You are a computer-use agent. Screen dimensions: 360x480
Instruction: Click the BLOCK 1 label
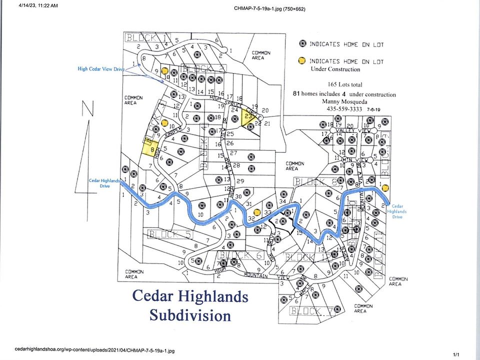(148, 37)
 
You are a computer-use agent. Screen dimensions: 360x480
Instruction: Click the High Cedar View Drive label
(100, 69)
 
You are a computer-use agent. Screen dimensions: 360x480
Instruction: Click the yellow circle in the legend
(301, 61)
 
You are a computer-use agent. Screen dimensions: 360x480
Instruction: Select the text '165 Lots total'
(345, 84)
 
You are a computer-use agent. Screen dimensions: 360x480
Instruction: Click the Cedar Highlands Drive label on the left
(104, 182)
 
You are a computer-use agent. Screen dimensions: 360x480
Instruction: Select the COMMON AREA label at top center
(261, 55)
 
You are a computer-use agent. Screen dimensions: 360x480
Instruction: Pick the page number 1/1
(456, 354)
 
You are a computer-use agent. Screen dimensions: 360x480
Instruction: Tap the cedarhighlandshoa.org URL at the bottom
(95, 350)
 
